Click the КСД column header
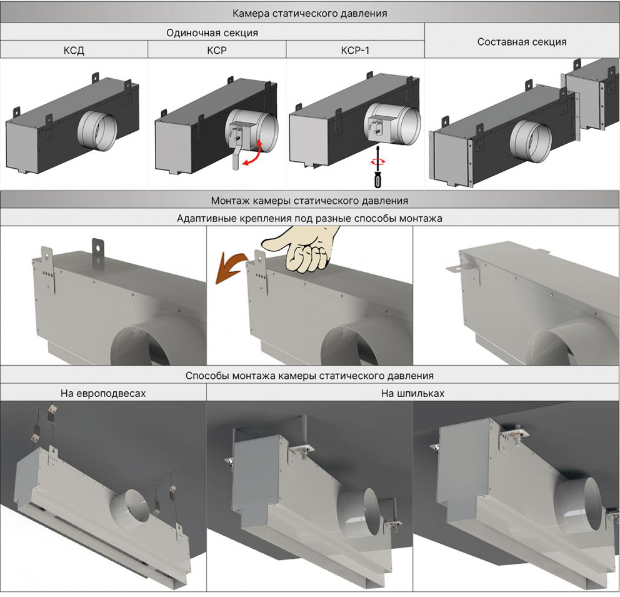pyautogui.click(x=74, y=51)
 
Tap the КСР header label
pyautogui.click(x=216, y=51)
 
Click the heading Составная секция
pyautogui.click(x=522, y=42)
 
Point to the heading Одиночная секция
pyautogui.click(x=212, y=33)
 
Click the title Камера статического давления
pyautogui.click(x=309, y=13)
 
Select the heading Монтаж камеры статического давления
pyautogui.click(x=309, y=201)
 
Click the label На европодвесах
pyautogui.click(x=103, y=393)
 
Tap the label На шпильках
pyautogui.click(x=412, y=393)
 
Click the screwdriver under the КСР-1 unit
pyautogui.click(x=376, y=172)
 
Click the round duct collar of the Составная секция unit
pyautogui.click(x=529, y=141)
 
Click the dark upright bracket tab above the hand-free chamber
pyautogui.click(x=97, y=246)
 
